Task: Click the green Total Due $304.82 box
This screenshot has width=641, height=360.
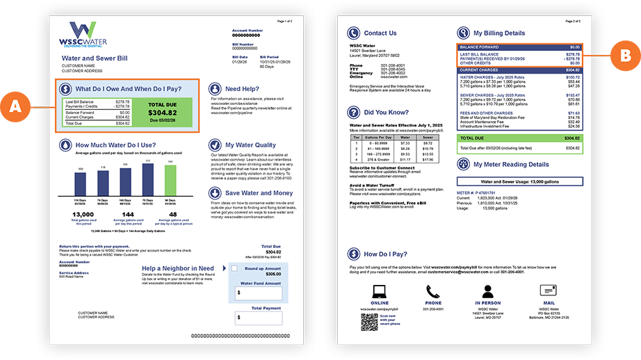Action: point(162,113)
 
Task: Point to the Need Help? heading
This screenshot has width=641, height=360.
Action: point(243,89)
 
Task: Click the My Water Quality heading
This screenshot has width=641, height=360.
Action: point(250,145)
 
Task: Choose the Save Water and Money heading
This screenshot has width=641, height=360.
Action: point(259,193)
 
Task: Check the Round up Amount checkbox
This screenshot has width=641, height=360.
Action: point(235,268)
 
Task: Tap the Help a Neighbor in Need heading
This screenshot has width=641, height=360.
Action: point(178,268)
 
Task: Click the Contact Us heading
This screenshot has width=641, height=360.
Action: point(380,33)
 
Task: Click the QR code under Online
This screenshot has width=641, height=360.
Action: point(369,321)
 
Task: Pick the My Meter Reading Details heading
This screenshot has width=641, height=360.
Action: point(511,165)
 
